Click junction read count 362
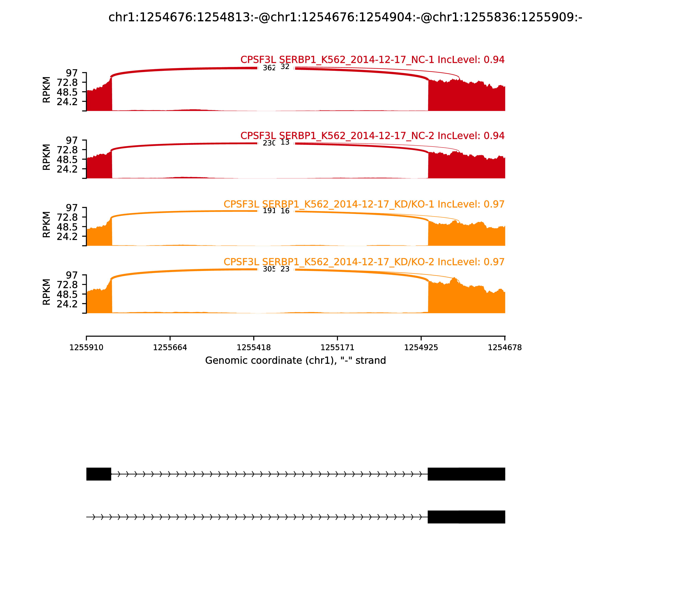tap(269, 68)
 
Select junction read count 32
tap(285, 67)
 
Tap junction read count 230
tap(269, 143)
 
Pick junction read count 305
tap(269, 269)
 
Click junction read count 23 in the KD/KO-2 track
tap(285, 269)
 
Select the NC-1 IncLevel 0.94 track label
tap(372, 60)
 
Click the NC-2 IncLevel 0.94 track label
tap(372, 136)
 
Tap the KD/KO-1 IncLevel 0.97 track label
tap(364, 204)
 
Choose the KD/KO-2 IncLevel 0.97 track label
tap(364, 262)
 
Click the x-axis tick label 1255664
tap(170, 348)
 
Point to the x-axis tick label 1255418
tap(253, 348)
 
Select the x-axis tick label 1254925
tap(421, 348)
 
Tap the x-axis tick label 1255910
tap(86, 348)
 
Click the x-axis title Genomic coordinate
tap(295, 361)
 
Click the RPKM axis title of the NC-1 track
tap(47, 90)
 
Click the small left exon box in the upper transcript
tap(98, 474)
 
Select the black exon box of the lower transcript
tap(466, 517)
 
